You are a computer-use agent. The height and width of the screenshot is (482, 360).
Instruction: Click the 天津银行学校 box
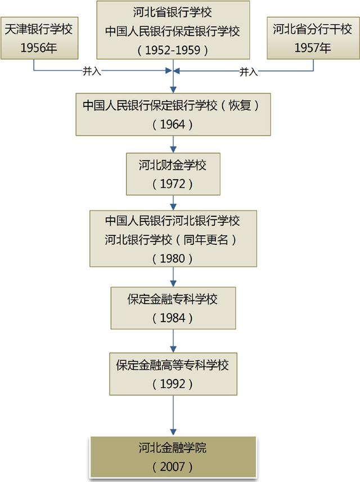tap(39, 37)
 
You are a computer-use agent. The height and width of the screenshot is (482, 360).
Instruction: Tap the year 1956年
tap(39, 47)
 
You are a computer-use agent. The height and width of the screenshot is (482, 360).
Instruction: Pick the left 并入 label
tap(93, 72)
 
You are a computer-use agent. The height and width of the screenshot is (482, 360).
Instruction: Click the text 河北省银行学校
tap(173, 12)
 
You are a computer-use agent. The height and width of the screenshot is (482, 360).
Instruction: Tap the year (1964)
tap(173, 124)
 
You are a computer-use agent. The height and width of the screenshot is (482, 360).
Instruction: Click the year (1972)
tap(173, 184)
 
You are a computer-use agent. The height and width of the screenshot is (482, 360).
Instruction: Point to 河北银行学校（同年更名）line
tap(173, 239)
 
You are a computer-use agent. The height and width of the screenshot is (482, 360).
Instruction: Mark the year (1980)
tap(173, 258)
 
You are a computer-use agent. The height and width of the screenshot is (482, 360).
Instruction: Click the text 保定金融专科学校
tap(173, 299)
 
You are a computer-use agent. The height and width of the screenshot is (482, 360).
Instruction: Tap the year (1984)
tap(173, 318)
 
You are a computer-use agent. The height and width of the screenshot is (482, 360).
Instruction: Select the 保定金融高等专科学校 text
tap(173, 364)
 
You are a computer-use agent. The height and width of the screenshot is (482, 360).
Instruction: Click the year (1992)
tap(173, 383)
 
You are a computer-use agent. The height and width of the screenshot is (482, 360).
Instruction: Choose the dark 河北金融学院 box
tap(173, 457)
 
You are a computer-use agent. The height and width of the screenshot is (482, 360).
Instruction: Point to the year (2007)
tap(173, 467)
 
